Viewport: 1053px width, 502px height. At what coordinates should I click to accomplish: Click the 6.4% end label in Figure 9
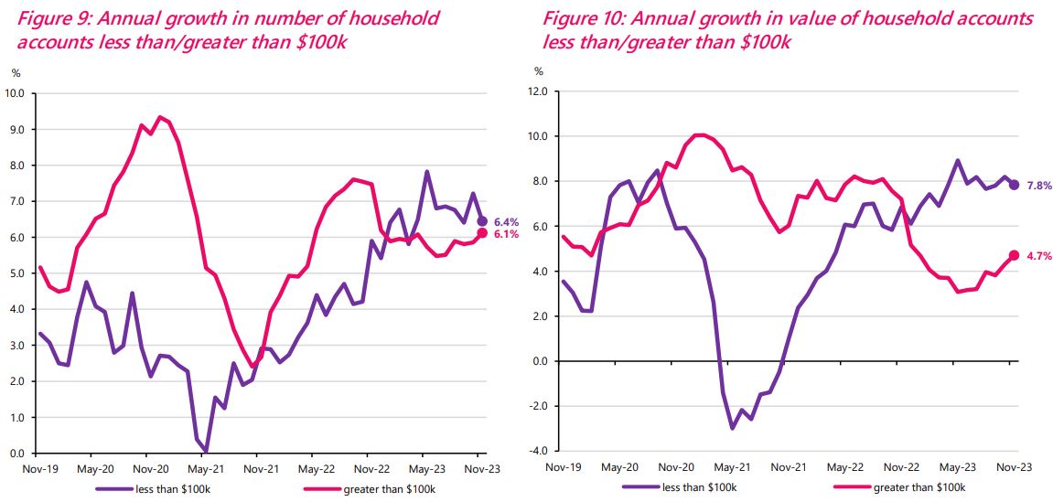pos(507,221)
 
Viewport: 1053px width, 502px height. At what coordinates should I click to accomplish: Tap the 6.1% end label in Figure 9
pos(507,234)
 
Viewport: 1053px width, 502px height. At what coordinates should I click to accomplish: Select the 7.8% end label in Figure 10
pos(1038,186)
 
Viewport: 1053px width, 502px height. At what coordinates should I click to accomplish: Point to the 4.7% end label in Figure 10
pos(1038,256)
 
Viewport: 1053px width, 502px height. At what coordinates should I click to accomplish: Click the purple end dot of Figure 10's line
pos(1014,185)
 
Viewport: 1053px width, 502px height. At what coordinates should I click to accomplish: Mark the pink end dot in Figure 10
pos(1014,255)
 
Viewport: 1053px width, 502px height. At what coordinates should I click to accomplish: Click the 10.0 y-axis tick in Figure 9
pos(15,92)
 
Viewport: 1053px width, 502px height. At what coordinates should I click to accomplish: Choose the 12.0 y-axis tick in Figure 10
pos(538,92)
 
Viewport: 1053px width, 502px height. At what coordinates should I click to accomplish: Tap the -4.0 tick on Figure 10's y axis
pos(538,451)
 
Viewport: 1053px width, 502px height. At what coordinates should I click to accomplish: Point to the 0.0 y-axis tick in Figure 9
pos(17,454)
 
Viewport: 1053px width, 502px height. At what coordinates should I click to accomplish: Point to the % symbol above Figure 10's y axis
pos(539,71)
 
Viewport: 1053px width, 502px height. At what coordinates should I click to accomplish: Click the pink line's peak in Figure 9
pos(160,117)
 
